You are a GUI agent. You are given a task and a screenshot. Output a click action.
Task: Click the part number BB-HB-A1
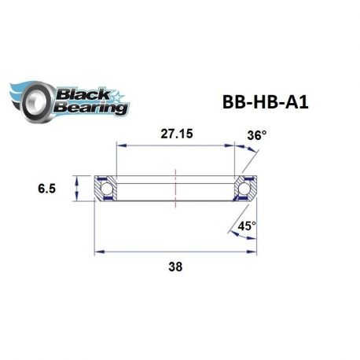257,104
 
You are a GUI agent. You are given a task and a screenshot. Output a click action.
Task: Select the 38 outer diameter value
175,266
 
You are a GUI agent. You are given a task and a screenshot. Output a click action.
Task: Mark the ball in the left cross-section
105,189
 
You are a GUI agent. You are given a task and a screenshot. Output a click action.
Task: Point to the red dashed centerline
175,189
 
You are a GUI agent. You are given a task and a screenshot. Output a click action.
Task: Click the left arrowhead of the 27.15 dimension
120,145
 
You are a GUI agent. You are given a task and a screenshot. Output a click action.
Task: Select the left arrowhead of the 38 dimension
98,252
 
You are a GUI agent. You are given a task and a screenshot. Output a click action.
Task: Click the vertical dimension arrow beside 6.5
77,189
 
